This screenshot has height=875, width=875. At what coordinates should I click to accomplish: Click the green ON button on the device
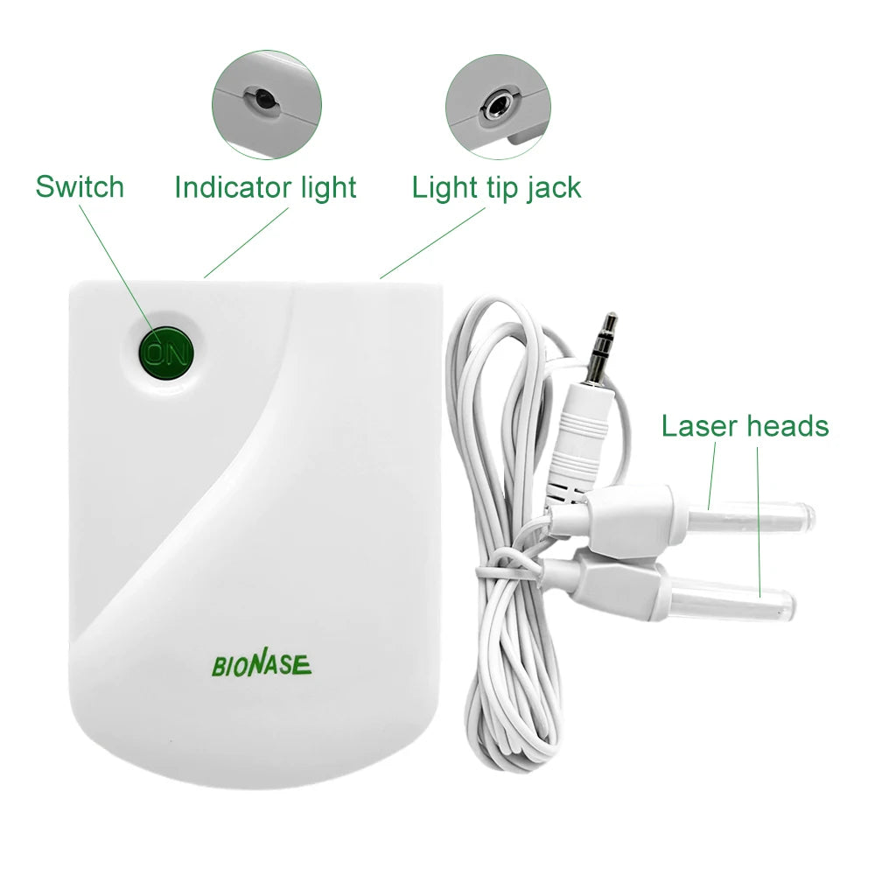click(165, 353)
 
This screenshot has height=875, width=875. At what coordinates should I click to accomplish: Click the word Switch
click(80, 187)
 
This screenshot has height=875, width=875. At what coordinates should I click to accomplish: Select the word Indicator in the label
click(234, 187)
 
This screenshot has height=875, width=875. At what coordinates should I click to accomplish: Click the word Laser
click(699, 426)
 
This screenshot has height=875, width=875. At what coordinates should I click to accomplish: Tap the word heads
click(788, 426)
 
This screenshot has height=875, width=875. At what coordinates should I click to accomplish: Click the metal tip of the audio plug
click(603, 348)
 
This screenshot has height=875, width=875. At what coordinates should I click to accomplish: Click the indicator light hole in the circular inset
click(263, 101)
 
